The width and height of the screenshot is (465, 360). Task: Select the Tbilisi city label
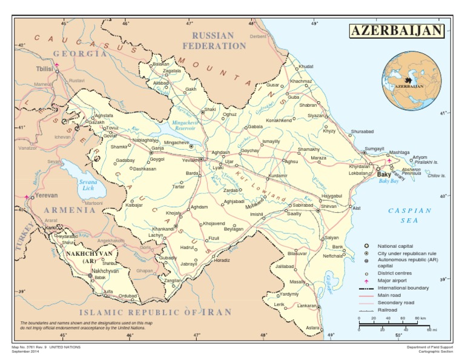pyautogui.click(x=44, y=69)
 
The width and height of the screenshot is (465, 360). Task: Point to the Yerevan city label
pyautogui.click(x=46, y=196)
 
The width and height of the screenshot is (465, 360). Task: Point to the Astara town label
pyautogui.click(x=312, y=328)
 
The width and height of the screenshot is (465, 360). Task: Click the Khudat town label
pyautogui.click(x=306, y=66)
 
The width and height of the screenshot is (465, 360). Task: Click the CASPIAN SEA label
pyautogui.click(x=409, y=215)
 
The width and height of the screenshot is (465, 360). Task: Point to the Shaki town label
pyautogui.click(x=210, y=109)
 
